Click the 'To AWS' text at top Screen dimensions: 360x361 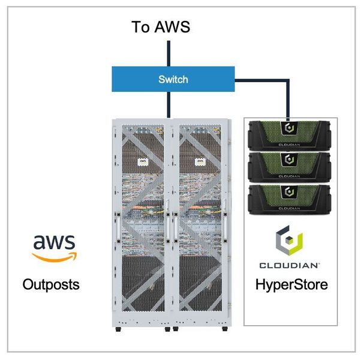point(161,27)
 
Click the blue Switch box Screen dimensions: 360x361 point(173,79)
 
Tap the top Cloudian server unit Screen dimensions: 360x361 point(290,134)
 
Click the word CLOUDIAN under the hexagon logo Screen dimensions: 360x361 point(290,265)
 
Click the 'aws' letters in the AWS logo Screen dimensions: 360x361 point(54,242)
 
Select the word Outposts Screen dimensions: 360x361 point(51,284)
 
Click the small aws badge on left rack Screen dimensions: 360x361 point(143,161)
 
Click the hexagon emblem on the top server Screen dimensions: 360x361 point(290,127)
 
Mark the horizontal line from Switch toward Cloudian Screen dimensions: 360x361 point(261,79)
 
